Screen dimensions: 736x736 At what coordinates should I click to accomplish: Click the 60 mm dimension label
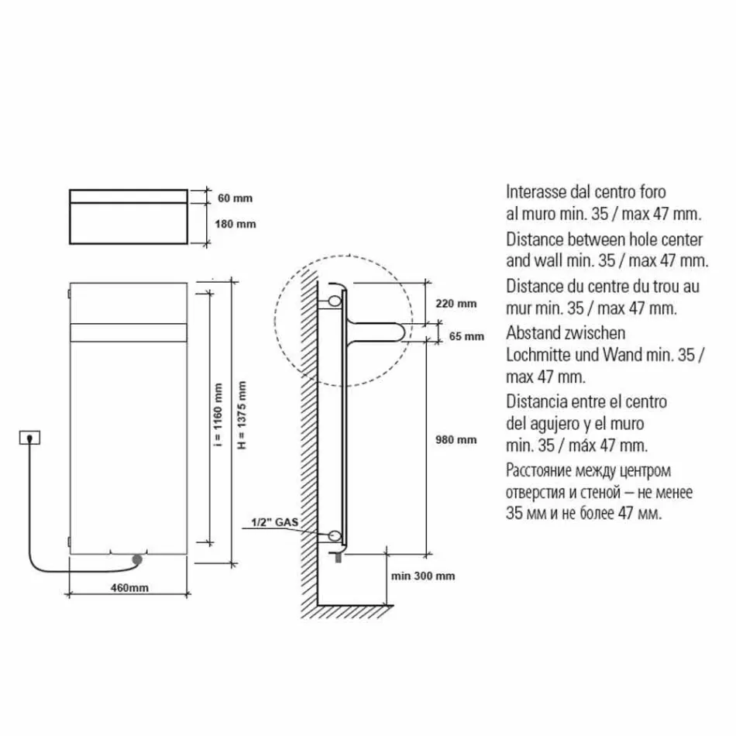(235, 198)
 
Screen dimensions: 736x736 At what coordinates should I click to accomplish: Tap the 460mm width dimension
(129, 588)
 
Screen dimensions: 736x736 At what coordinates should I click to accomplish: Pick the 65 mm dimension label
(466, 336)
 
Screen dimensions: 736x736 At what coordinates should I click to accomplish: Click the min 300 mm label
(423, 576)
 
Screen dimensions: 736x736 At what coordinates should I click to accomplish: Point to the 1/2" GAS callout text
(273, 524)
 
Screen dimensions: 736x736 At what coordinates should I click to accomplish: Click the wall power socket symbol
(29, 439)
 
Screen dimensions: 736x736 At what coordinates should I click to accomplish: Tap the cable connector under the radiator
(137, 558)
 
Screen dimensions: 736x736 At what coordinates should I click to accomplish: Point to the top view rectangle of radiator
(129, 215)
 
